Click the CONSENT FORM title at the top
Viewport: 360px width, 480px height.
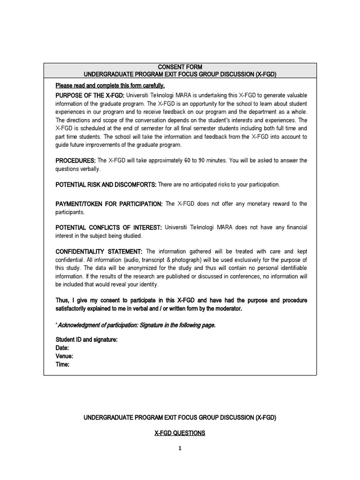point(180,67)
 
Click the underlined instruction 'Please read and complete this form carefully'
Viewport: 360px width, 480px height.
point(110,85)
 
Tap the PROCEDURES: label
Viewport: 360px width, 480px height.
point(75,160)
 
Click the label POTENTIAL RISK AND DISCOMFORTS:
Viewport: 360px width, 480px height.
point(106,185)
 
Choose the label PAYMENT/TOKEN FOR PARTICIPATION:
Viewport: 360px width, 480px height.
point(109,203)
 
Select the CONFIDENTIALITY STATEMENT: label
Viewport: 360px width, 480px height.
point(99,252)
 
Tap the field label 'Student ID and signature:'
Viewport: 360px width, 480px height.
point(86,339)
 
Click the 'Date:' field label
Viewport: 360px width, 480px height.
point(62,348)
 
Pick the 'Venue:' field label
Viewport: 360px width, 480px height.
point(64,356)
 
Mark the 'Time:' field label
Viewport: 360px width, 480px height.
point(62,365)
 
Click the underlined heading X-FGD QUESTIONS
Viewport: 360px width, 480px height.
point(180,433)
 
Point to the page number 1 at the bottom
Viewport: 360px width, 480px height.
point(179,448)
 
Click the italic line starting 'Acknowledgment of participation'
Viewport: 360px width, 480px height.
point(136,326)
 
